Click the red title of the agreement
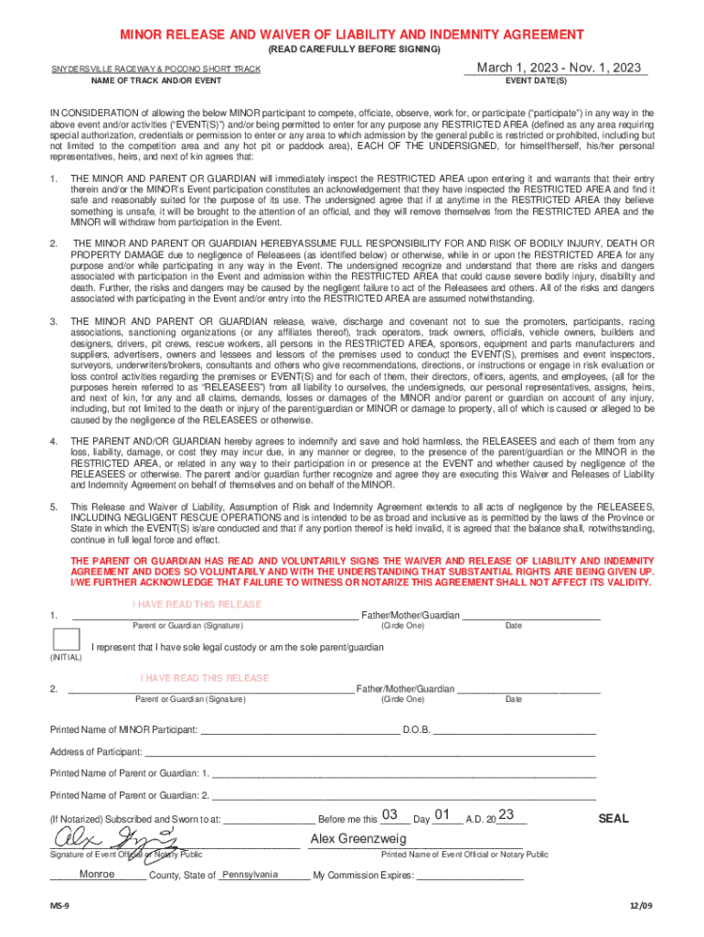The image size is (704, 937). click(x=352, y=35)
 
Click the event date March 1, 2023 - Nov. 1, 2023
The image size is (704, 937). click(x=559, y=69)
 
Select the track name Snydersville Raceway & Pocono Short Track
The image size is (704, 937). click(x=155, y=70)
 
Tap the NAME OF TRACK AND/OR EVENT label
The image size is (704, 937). click(x=155, y=81)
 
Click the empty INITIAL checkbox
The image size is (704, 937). click(x=66, y=640)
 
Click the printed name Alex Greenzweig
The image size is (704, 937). click(x=357, y=839)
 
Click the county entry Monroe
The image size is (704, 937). click(x=97, y=874)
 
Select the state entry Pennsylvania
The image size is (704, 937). click(x=250, y=874)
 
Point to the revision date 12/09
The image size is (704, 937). click(x=642, y=906)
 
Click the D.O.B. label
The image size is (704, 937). click(x=416, y=730)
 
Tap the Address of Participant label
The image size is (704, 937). click(x=96, y=752)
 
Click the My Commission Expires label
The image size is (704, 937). click(x=363, y=875)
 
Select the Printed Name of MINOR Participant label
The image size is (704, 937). click(x=123, y=730)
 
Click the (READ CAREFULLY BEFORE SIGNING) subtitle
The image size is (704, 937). click(x=352, y=48)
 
